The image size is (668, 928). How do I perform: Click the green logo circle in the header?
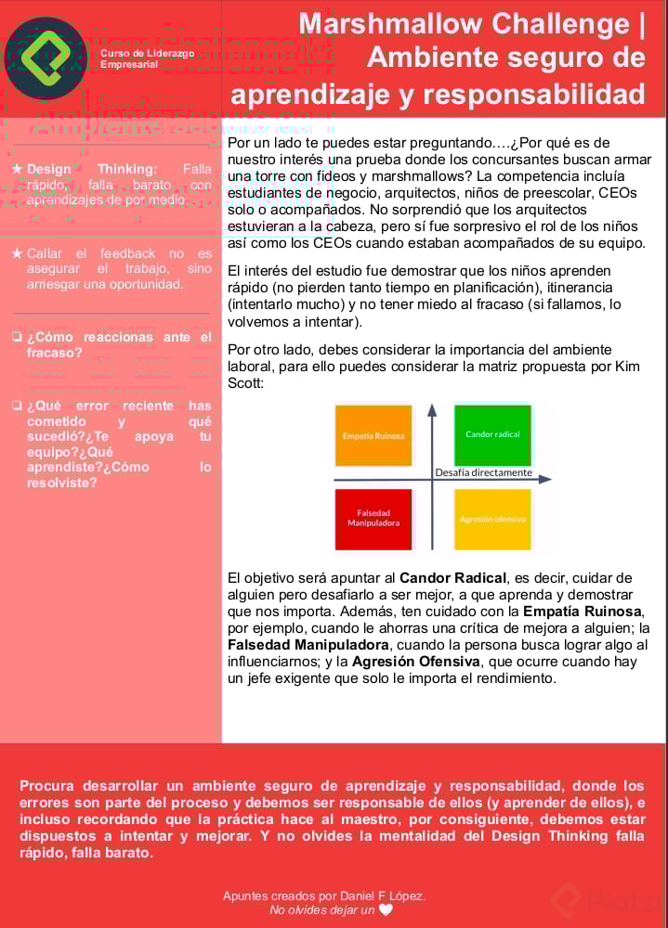click(x=46, y=58)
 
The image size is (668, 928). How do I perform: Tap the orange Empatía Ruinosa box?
click(x=373, y=435)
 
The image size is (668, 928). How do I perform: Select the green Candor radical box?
click(x=492, y=434)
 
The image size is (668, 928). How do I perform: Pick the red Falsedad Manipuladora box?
click(x=373, y=518)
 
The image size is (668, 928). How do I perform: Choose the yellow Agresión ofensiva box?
click(x=492, y=519)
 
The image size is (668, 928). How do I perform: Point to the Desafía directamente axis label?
click(x=483, y=472)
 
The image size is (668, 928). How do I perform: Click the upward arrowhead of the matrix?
click(x=432, y=408)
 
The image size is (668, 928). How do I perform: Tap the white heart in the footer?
click(x=386, y=910)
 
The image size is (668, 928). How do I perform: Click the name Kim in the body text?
click(x=627, y=366)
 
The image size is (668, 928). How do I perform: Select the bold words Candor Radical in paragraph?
click(x=453, y=578)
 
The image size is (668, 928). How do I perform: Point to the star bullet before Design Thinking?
click(x=17, y=169)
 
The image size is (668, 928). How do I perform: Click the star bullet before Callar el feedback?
click(x=17, y=253)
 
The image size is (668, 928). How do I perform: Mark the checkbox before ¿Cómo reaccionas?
click(x=17, y=338)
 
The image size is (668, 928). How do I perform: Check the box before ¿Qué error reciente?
click(x=17, y=406)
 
